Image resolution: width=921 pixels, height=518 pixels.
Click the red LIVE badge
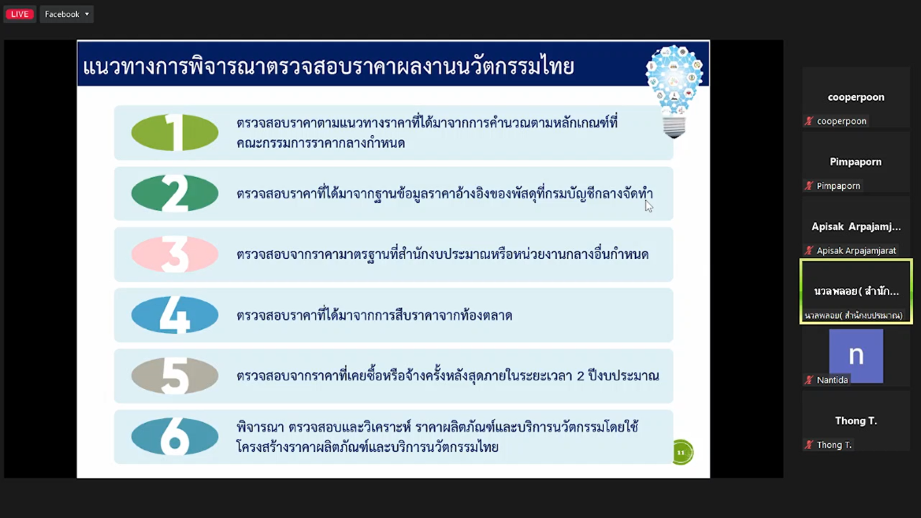coord(20,14)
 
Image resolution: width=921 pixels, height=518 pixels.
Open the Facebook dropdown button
coord(67,14)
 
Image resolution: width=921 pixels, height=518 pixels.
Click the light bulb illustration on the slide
coord(674,91)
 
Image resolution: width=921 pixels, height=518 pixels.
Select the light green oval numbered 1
coord(175,132)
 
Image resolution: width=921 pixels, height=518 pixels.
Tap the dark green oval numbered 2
coord(175,194)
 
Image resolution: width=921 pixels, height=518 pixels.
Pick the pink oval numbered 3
coord(175,254)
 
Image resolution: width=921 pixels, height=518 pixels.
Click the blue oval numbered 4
coord(175,315)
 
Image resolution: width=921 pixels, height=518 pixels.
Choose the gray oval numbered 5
coord(175,376)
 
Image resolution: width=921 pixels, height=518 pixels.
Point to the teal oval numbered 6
coord(175,436)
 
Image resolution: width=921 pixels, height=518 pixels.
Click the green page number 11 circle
coord(682,452)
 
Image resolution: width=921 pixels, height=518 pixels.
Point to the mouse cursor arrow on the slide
coord(649,206)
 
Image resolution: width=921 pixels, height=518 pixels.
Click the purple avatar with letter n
coord(856,356)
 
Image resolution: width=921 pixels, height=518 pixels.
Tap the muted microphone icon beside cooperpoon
coord(809,121)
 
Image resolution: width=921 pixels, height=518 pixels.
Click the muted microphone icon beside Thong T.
coord(809,444)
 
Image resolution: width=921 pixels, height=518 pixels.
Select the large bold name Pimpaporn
coord(856,162)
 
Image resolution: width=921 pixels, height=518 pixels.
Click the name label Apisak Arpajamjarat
coord(856,250)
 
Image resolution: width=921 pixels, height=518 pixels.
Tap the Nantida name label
coord(832,380)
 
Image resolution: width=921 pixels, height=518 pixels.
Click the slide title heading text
coord(328,67)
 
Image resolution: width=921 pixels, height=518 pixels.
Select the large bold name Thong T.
coord(856,421)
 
